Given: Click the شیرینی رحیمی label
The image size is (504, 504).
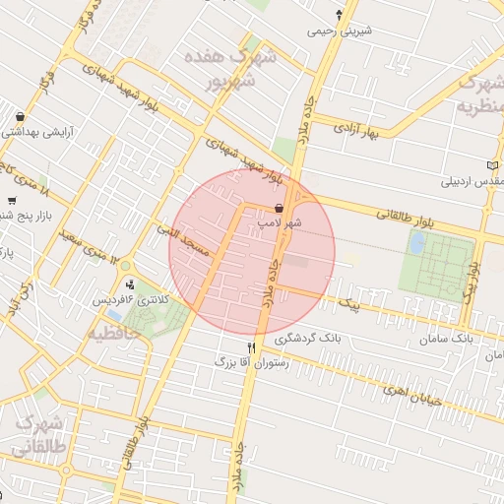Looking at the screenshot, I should click(x=341, y=31).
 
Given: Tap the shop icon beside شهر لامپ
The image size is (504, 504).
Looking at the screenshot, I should click(x=281, y=209).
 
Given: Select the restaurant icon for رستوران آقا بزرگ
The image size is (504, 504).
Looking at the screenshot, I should click(x=252, y=348).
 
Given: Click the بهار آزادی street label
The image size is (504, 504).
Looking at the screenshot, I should click(x=356, y=129).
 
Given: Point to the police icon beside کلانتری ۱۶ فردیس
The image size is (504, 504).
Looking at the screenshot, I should click(x=131, y=285).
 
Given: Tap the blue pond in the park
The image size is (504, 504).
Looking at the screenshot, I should click(x=417, y=242).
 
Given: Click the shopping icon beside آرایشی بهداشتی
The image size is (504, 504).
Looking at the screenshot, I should click(x=21, y=116).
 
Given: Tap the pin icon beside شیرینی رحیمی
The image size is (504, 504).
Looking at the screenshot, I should click(x=340, y=14).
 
